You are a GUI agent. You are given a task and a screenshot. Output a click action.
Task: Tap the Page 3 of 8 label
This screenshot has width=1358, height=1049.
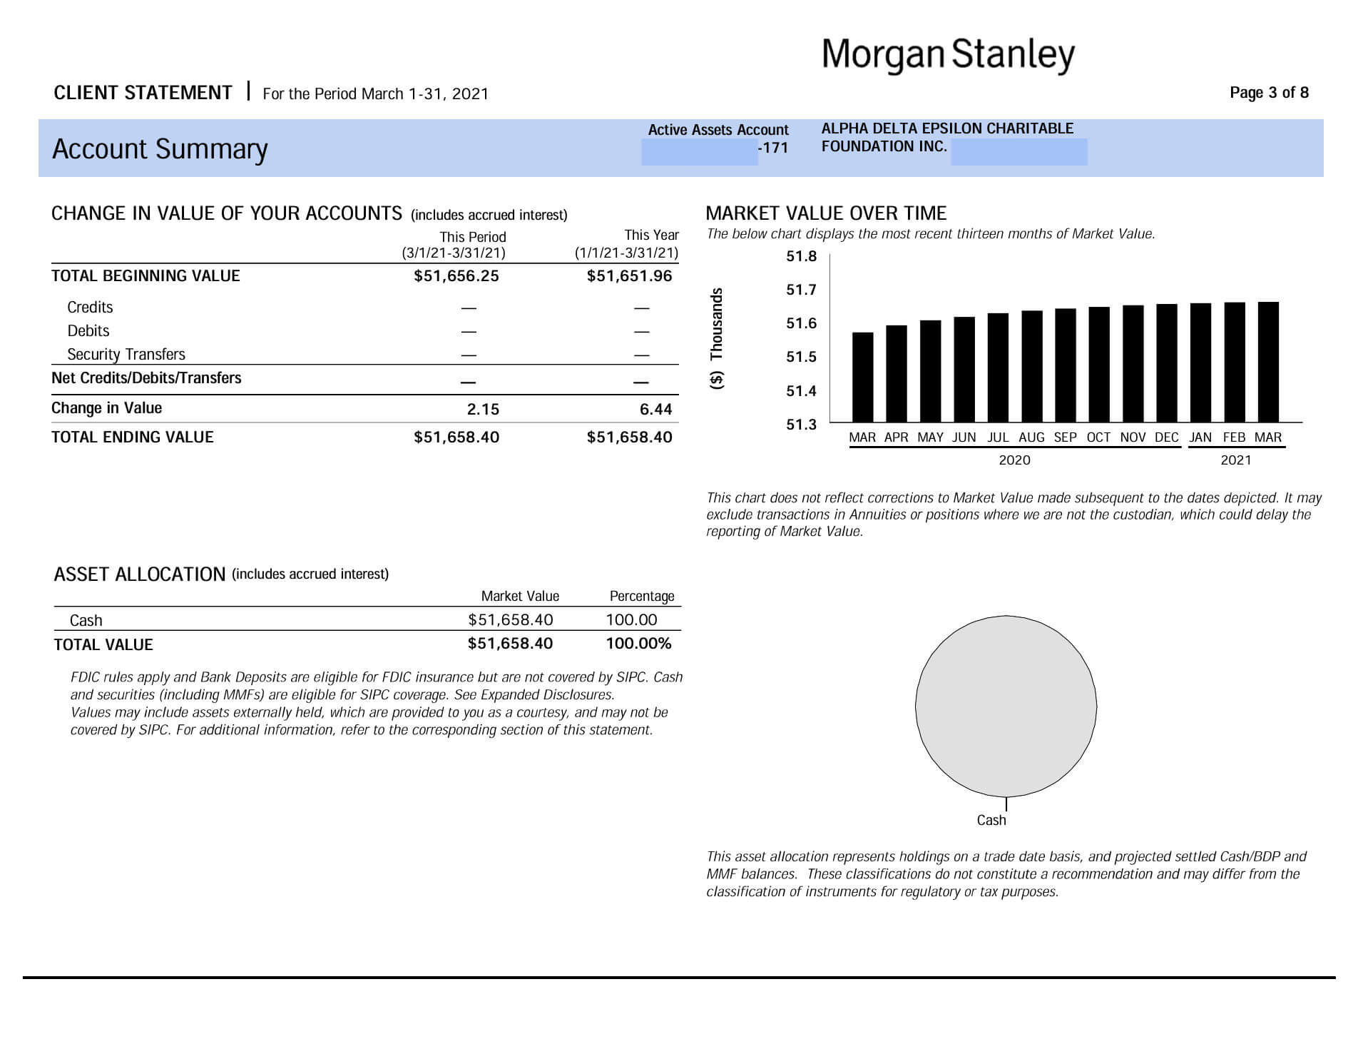pos(1269,93)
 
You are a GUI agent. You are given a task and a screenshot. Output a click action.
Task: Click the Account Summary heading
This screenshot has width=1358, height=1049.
pos(160,149)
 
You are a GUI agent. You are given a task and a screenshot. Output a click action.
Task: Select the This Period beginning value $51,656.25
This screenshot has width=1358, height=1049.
pos(456,276)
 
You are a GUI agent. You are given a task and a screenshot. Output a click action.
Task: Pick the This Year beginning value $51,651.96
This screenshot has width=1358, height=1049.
pos(629,276)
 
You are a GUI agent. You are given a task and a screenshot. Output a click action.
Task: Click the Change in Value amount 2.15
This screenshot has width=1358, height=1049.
pos(483,410)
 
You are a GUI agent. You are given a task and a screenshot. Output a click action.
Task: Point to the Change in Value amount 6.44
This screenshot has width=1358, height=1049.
pos(656,410)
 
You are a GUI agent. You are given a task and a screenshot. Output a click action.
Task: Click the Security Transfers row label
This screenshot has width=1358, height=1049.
pos(126,355)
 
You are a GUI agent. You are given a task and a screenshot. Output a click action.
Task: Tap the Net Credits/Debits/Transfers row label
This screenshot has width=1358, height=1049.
pos(146,378)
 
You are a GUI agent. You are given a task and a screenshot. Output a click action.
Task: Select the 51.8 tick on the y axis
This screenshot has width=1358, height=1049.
pos(801,256)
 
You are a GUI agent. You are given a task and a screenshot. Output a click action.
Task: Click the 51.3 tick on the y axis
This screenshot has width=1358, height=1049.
pos(801,425)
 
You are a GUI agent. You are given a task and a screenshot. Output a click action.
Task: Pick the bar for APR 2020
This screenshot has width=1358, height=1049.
pos(897,373)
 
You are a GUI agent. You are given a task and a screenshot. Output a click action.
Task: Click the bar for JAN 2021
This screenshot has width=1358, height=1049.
pos(1200,363)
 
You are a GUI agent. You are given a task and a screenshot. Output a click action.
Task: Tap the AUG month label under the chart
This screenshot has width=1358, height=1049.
pos(1031,437)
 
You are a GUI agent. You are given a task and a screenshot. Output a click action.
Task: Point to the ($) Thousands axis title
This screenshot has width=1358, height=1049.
pos(717,338)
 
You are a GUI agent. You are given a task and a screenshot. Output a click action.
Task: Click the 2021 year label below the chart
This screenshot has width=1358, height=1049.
pos(1236,460)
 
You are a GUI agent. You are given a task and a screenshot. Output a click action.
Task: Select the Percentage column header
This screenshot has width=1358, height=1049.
pos(642,597)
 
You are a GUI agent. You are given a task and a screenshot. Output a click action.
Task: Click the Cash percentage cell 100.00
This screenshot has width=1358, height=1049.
pos(631,620)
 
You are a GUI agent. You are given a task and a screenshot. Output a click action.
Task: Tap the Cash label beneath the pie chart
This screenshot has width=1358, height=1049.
pos(991,821)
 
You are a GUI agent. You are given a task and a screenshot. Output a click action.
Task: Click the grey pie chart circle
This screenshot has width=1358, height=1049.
pos(1006,706)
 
